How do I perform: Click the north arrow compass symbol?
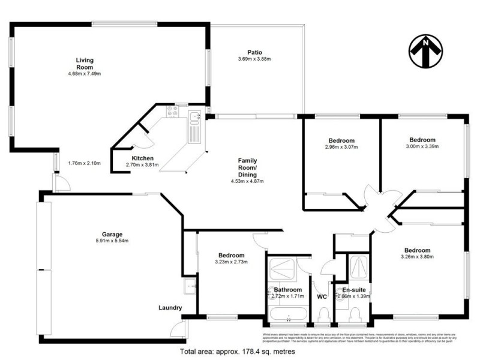[425, 51]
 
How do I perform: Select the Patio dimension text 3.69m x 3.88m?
[255, 59]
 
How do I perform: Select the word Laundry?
[170, 308]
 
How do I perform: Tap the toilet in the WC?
[322, 315]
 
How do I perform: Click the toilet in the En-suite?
[355, 315]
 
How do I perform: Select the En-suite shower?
[359, 267]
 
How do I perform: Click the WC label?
[322, 296]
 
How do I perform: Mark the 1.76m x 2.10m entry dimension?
[84, 163]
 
